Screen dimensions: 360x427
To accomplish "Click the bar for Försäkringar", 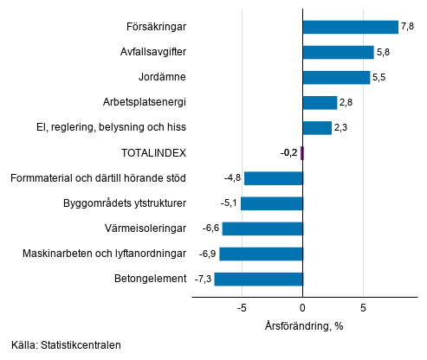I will pos(350,27).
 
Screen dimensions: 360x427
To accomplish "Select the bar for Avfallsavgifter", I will pos(338,52).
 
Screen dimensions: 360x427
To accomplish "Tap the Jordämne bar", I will pos(336,77).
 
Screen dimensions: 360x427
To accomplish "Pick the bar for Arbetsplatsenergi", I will pos(320,102).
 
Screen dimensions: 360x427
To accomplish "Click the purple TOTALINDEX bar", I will pos(302,153).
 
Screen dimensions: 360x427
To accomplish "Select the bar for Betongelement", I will pos(258,279).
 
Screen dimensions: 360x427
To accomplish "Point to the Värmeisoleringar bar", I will pos(262,228).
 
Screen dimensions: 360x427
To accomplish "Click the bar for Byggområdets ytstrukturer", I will pos(271,203).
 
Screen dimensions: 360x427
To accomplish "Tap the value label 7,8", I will pos(408,27).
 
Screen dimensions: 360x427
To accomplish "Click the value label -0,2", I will pos(288,153).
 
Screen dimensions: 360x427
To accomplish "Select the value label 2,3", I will pos(341,128).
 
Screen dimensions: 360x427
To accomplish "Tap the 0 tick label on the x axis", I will pos(303,307).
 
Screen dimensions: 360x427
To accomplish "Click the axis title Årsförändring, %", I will pos(303,326).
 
